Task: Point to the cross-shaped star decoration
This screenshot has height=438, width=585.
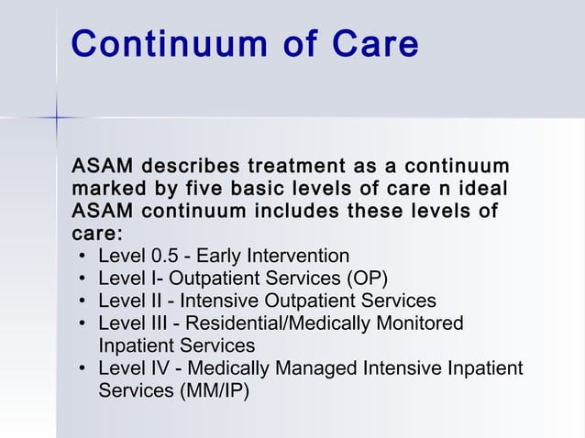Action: pos(56,117)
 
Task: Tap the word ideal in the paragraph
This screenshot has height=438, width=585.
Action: pos(477,190)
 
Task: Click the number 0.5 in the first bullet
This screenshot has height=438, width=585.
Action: pos(160,256)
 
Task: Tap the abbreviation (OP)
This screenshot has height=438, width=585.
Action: pos(365,278)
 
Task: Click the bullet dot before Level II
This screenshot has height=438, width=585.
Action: pos(83,301)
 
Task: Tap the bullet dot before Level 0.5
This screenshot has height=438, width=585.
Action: pos(83,256)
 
